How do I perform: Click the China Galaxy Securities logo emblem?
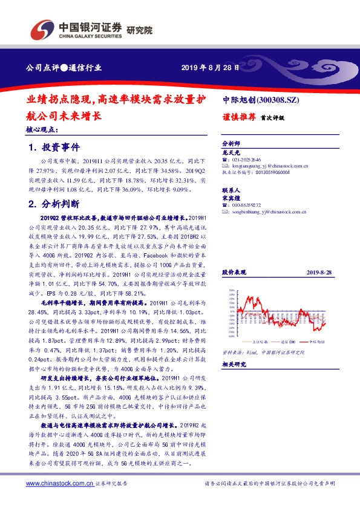click(x=41, y=28)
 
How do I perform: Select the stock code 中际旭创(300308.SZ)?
click(x=262, y=99)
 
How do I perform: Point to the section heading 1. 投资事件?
click(x=54, y=148)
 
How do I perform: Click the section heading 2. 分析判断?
click(x=54, y=204)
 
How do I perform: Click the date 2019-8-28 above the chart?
click(x=318, y=272)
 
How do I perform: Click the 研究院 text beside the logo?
click(x=139, y=30)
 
